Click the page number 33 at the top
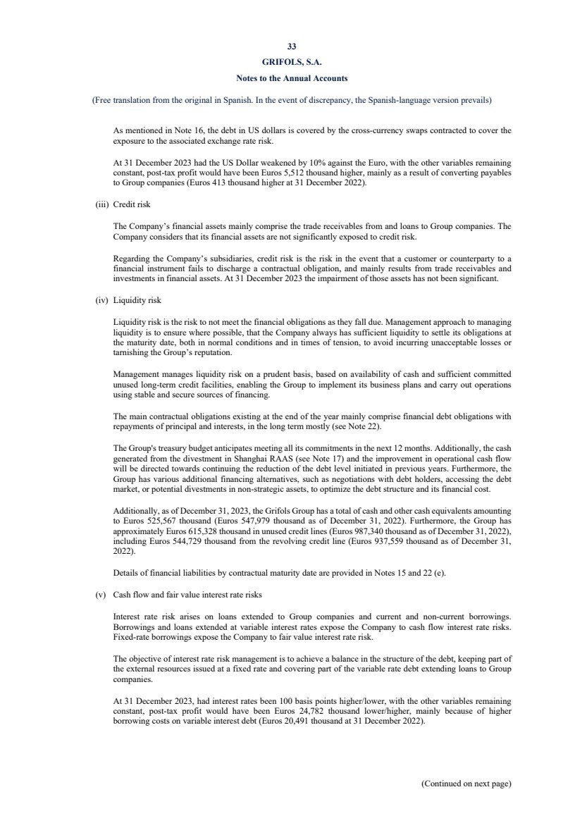point(291,48)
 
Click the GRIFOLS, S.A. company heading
point(291,62)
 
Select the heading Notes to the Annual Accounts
point(291,78)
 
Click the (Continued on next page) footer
point(466,783)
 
